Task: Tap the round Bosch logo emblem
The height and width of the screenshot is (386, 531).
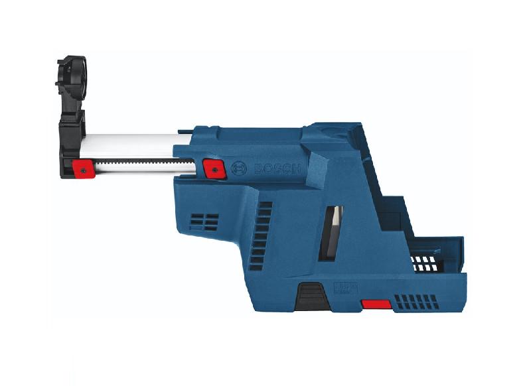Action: [x=239, y=169]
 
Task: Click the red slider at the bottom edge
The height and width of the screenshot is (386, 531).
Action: [x=376, y=304]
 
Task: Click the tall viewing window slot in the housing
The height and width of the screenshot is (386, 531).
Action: [x=333, y=232]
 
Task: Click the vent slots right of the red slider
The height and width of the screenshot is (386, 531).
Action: [x=416, y=302]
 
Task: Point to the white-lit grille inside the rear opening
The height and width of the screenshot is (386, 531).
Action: [x=425, y=261]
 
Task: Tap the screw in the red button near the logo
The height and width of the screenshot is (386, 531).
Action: [x=214, y=169]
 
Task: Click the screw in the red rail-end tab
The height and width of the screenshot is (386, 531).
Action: [x=82, y=170]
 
